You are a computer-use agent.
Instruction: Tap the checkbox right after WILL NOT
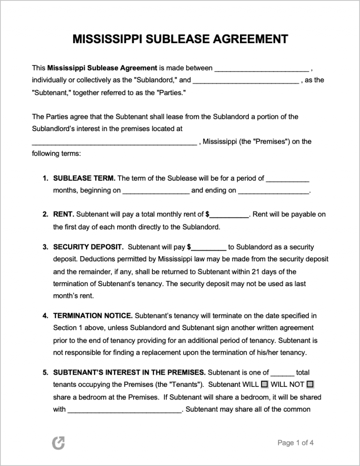309,385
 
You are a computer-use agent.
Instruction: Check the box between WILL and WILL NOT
264,385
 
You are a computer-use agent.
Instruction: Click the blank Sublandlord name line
261,68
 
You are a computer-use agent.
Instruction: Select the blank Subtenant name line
245,80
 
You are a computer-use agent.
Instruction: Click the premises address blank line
114,141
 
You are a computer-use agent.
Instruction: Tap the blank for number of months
287,178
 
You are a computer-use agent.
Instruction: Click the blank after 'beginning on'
156,191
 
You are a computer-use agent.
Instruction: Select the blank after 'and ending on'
274,191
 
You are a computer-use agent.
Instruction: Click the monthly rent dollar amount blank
229,215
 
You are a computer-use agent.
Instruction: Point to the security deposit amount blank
209,247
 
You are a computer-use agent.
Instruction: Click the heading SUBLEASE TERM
84,178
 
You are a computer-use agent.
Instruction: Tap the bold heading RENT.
64,215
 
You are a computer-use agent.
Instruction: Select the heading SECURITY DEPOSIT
89,247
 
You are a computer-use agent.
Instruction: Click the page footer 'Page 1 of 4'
295,443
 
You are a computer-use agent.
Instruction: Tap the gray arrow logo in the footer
58,442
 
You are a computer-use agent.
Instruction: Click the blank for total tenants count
283,373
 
